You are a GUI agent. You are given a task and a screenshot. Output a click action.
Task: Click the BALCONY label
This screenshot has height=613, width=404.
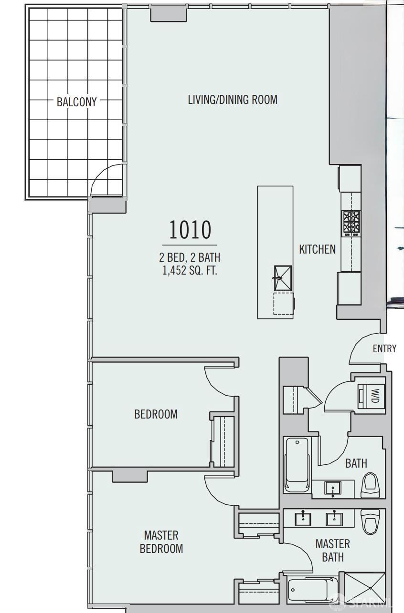click(76, 102)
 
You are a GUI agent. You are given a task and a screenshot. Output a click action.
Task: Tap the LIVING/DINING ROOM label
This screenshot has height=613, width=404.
click(233, 100)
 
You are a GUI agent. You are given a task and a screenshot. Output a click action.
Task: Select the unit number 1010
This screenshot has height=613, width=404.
click(190, 230)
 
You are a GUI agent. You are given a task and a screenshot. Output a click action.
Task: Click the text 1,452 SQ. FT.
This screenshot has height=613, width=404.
click(190, 271)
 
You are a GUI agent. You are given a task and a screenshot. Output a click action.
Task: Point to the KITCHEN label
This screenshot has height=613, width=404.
click(317, 249)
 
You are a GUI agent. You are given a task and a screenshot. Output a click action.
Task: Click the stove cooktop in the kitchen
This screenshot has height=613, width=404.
click(351, 222)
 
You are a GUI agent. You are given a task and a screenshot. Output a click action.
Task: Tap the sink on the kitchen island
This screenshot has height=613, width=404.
click(282, 277)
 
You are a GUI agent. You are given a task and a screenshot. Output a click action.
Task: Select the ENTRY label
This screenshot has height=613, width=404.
click(384, 348)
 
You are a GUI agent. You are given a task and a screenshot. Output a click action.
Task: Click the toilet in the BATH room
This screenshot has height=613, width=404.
click(371, 485)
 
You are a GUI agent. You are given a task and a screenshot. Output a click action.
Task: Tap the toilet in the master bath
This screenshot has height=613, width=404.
click(370, 521)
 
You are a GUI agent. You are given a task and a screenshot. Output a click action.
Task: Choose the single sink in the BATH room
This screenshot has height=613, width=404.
click(333, 488)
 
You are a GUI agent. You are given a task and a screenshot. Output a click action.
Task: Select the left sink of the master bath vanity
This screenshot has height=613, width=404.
click(303, 518)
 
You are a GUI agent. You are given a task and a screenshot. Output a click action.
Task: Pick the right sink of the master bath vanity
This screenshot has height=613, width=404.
click(334, 518)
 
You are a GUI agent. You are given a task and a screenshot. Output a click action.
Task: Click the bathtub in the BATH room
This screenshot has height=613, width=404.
click(297, 465)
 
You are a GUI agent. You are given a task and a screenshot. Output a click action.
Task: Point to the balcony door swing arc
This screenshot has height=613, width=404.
click(106, 180)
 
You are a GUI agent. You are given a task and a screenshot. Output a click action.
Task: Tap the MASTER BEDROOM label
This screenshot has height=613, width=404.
click(161, 541)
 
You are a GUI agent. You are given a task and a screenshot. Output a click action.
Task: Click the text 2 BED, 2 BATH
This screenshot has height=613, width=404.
click(190, 257)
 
